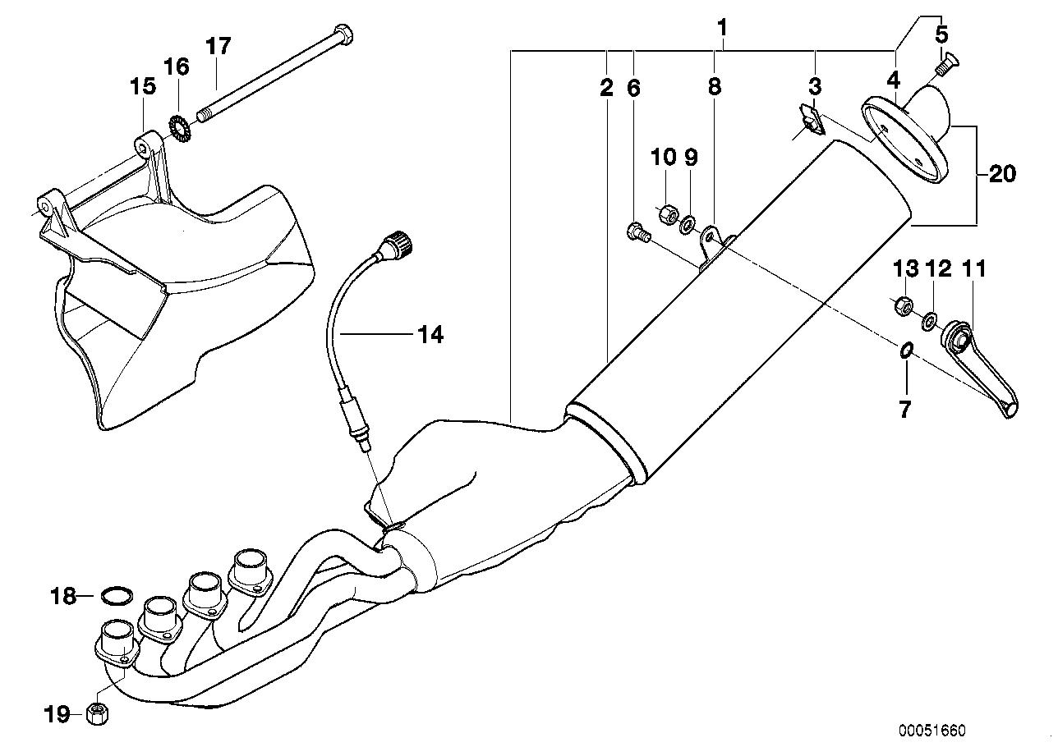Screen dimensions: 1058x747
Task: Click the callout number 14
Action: pyautogui.click(x=430, y=335)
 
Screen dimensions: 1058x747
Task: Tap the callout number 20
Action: pyautogui.click(x=1002, y=174)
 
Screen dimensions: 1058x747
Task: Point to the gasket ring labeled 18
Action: pyautogui.click(x=117, y=596)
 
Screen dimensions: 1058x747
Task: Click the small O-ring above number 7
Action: pyautogui.click(x=906, y=351)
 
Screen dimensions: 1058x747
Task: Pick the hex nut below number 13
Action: pyautogui.click(x=904, y=306)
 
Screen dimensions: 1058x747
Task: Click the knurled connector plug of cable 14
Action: pyautogui.click(x=398, y=243)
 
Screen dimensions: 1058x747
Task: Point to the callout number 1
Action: pyautogui.click(x=723, y=27)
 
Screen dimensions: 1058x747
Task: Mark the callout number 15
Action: pyautogui.click(x=143, y=86)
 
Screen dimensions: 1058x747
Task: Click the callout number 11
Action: pyautogui.click(x=974, y=269)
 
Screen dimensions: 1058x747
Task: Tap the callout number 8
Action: pyautogui.click(x=715, y=86)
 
